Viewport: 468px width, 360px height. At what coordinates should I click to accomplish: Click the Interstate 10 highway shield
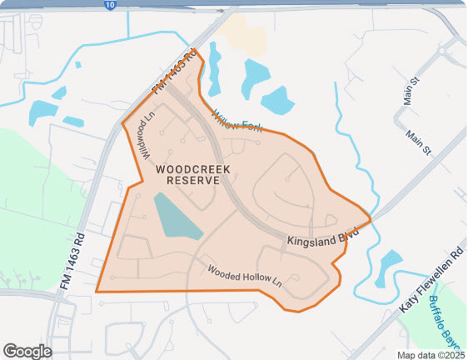coord(111,5)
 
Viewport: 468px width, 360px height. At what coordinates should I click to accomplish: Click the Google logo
coord(27,351)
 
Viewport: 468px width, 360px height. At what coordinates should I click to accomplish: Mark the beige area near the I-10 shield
coord(244,33)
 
